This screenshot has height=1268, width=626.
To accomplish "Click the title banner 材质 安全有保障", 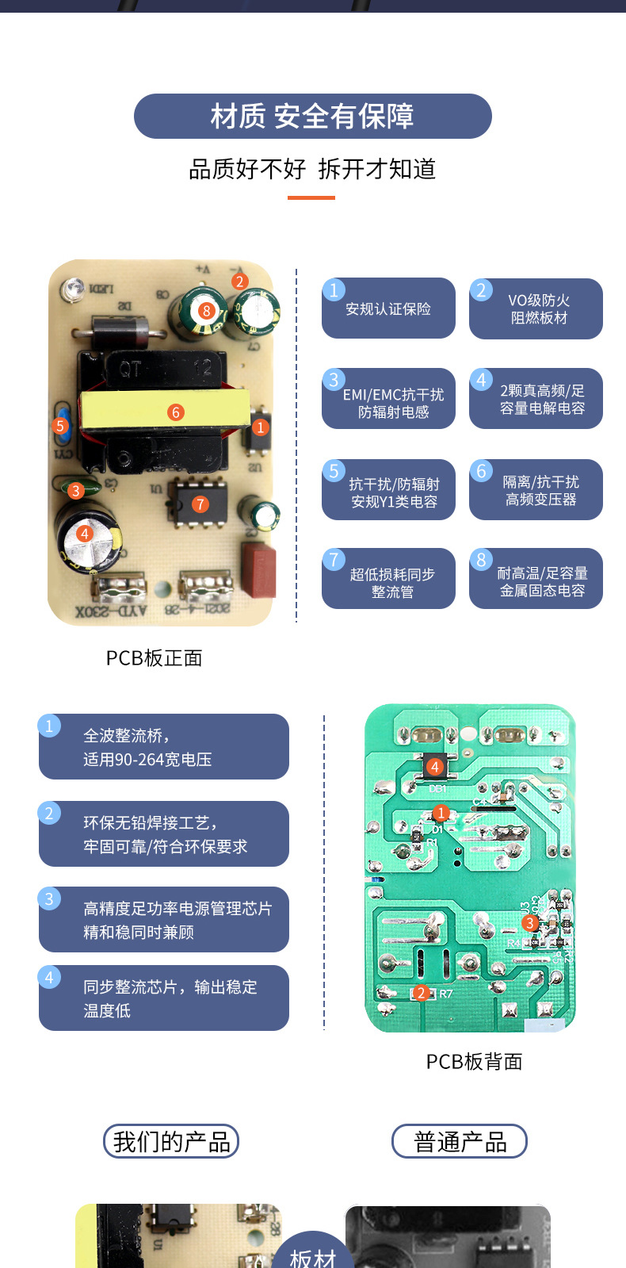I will tap(312, 117).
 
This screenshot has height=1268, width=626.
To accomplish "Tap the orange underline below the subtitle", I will tap(311, 197).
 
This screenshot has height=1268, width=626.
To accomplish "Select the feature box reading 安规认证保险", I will tap(388, 308).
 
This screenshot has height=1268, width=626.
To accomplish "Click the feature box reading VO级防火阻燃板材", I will tap(536, 308).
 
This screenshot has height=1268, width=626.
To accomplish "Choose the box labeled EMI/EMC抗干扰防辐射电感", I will tap(388, 399).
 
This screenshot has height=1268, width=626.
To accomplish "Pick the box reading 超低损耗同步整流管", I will tap(388, 579).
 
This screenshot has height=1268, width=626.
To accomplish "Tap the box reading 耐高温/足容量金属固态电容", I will tap(536, 579).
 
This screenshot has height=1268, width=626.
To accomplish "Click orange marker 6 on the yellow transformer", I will tap(176, 412).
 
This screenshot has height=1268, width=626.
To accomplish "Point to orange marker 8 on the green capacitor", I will tap(206, 311).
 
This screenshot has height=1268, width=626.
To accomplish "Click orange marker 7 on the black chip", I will tap(200, 504).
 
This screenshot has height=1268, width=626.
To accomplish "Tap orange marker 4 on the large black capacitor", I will tap(84, 534).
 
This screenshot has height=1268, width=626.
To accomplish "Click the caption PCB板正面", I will tap(155, 658).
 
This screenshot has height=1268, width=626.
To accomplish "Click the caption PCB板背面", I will tap(474, 1062).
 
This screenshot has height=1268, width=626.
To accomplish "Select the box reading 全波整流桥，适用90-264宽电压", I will tap(164, 747).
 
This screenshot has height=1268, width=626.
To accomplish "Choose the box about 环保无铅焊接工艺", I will tap(164, 834).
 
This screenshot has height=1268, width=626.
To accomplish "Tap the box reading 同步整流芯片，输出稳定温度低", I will tap(164, 998).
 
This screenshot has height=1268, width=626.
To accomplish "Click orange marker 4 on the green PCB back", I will tap(434, 767).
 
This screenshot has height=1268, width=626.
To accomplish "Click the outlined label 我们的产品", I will tap(171, 1142).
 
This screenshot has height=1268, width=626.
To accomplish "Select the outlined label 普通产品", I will tap(460, 1142).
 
